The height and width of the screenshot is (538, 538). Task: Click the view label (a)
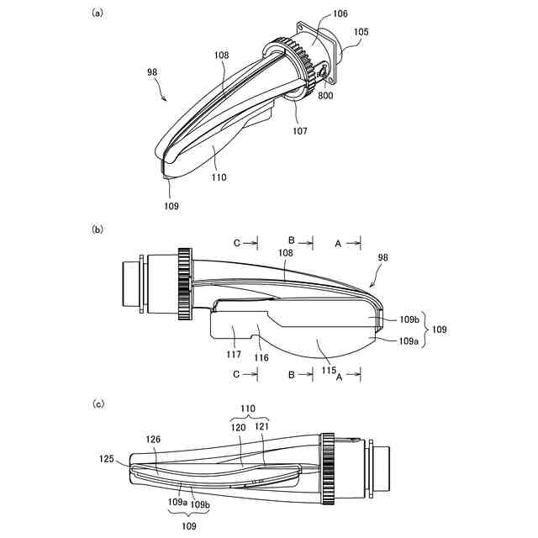(x=98, y=14)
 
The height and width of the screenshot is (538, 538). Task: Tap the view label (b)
(x=98, y=228)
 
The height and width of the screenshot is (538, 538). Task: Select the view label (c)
(x=98, y=403)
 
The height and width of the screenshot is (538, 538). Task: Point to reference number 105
(x=361, y=33)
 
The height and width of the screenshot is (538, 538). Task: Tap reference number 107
(x=301, y=131)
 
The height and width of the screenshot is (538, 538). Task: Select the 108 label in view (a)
(x=221, y=55)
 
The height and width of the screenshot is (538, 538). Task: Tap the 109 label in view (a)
(x=171, y=205)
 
